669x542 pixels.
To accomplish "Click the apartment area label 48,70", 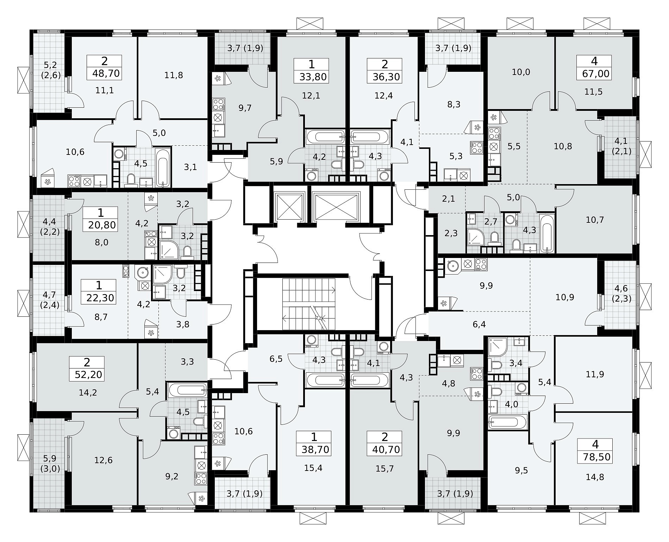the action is (106, 74).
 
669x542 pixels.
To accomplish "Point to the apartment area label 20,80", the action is (102, 225).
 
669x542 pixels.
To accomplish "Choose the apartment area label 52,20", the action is (88, 374).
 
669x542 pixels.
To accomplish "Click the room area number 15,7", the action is (384, 468).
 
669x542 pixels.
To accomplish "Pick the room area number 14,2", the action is (88, 392).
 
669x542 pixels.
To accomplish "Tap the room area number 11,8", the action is (174, 75).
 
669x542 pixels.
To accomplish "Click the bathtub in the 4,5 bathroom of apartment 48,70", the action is (163, 167).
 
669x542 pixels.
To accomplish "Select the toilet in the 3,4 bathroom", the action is (496, 365).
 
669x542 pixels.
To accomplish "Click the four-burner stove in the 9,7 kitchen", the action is (218, 105).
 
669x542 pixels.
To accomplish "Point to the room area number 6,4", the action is (479, 324).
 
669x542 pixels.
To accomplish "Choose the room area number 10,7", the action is (595, 220).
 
